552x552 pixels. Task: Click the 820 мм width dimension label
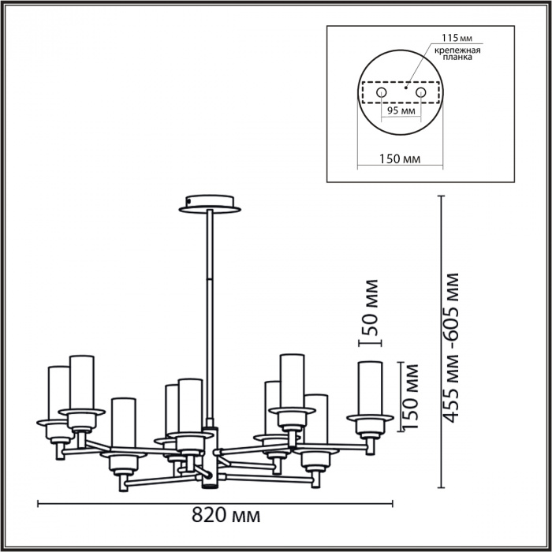[226, 516]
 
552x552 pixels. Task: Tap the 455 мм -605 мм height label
[451, 347]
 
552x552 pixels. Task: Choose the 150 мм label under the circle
[399, 159]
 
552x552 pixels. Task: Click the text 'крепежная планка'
[455, 54]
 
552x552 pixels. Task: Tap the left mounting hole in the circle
[381, 93]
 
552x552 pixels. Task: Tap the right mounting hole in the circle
[420, 93]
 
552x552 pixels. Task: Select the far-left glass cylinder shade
[58, 392]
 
